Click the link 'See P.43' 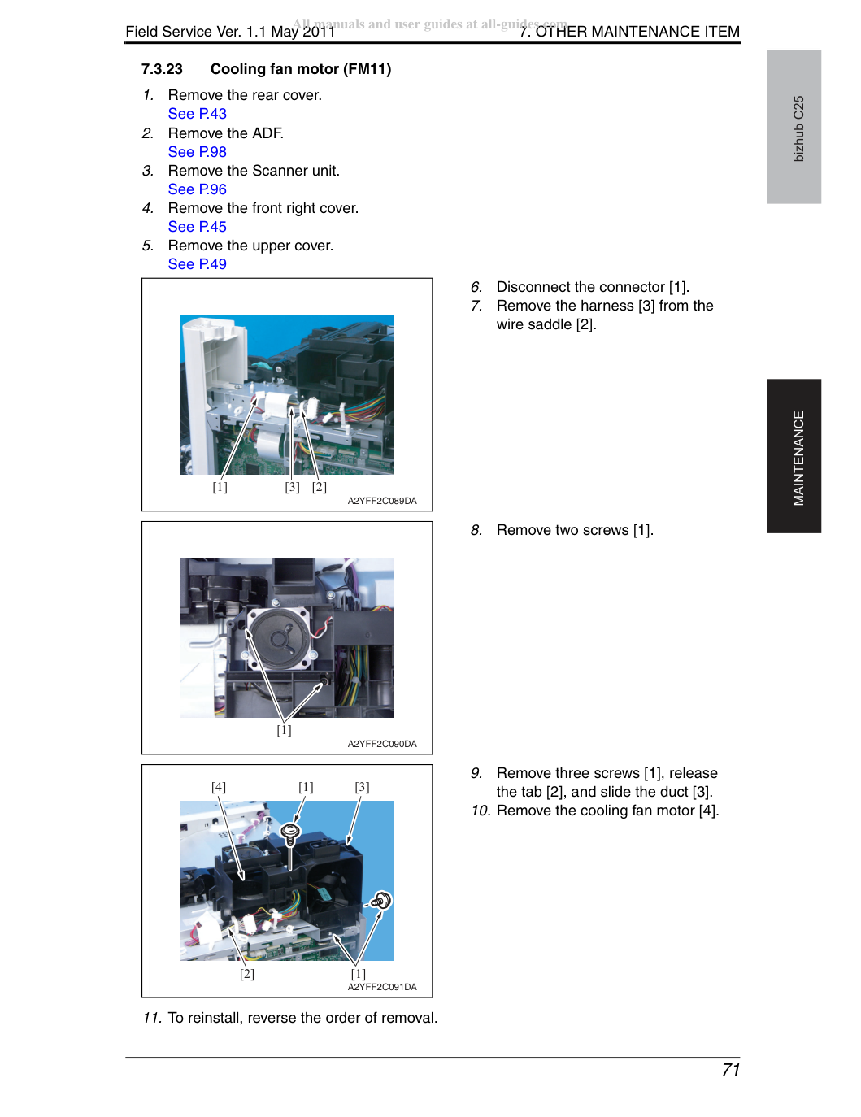(x=197, y=114)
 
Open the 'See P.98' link (x=197, y=152)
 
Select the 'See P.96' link (x=197, y=189)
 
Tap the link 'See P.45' (x=197, y=227)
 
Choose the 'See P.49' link (x=197, y=264)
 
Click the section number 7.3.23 (x=162, y=69)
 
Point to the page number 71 (x=730, y=1069)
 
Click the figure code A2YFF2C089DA (x=382, y=501)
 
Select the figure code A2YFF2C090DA (x=382, y=744)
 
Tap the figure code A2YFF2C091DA (x=382, y=987)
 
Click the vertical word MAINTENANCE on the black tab (x=798, y=458)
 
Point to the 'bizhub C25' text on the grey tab (x=798, y=128)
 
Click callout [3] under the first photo (x=292, y=487)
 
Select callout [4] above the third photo (x=219, y=787)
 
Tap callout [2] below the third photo (x=246, y=974)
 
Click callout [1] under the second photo (x=284, y=730)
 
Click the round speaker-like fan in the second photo (x=280, y=639)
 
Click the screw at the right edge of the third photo (x=381, y=901)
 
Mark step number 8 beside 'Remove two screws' (x=476, y=530)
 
